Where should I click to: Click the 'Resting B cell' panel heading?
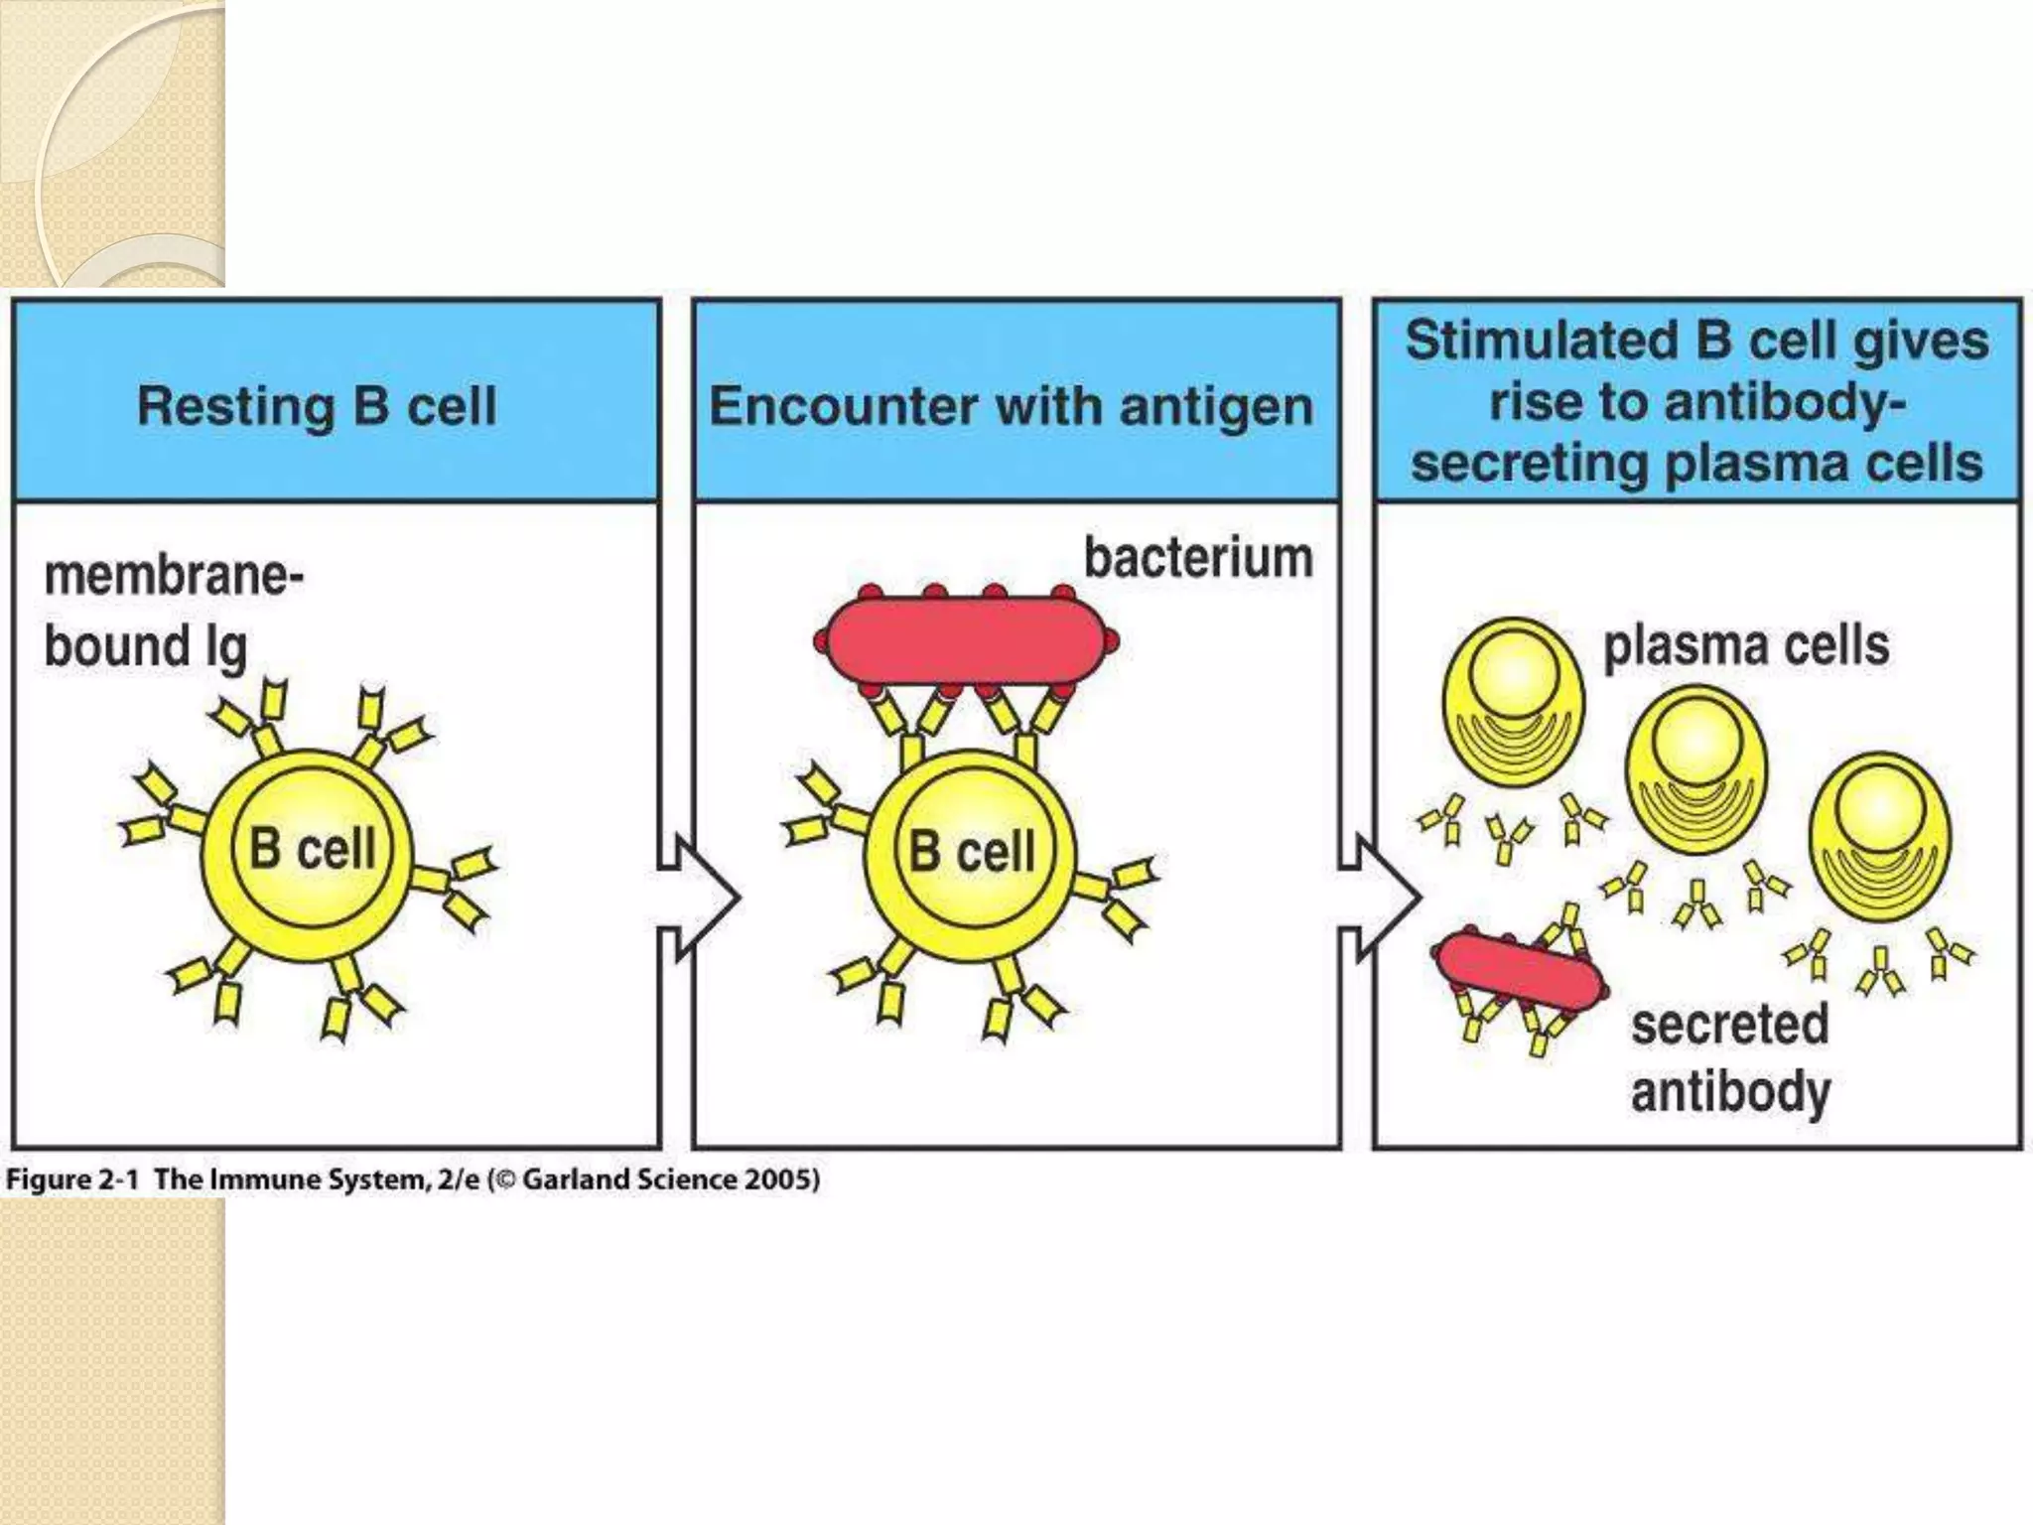[317, 406]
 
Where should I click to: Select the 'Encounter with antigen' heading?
[1011, 406]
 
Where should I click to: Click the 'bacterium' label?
[1198, 558]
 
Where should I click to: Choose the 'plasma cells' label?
[1746, 645]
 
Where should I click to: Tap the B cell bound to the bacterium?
[971, 853]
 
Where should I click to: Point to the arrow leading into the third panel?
[1381, 898]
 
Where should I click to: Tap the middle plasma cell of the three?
[1696, 770]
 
